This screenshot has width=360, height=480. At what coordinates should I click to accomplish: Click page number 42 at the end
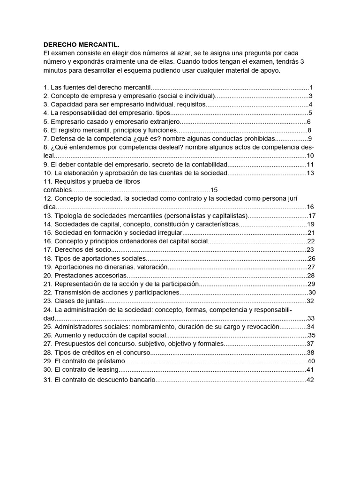pyautogui.click(x=310, y=380)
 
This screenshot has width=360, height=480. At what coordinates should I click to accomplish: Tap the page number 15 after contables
pyautogui.click(x=214, y=190)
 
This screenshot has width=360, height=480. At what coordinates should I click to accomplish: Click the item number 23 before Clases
pyautogui.click(x=47, y=301)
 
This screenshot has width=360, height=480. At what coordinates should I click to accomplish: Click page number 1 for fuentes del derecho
pyautogui.click(x=311, y=87)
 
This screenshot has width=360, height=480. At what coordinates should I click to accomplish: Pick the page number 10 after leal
pyautogui.click(x=310, y=156)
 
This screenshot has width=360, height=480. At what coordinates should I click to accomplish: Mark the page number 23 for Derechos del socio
pyautogui.click(x=310, y=250)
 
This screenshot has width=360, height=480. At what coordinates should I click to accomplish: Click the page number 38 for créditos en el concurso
pyautogui.click(x=310, y=352)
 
